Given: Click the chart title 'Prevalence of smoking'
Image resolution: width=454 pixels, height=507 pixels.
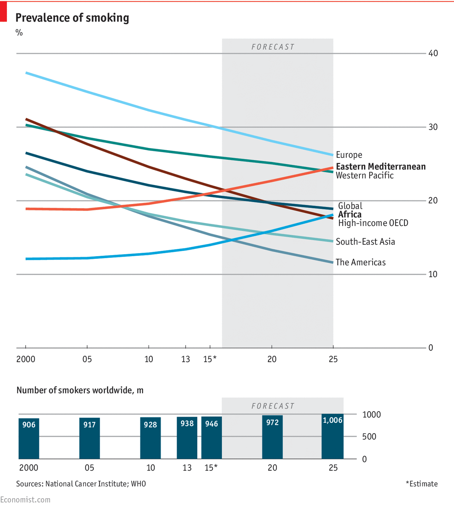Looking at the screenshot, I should [72, 18].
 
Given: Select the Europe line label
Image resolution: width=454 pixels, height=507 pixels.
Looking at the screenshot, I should [349, 155].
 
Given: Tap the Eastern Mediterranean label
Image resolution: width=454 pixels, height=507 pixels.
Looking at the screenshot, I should [380, 167].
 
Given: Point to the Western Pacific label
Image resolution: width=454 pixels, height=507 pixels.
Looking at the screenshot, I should [364, 175].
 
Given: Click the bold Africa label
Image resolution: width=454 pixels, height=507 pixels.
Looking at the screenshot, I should [349, 214].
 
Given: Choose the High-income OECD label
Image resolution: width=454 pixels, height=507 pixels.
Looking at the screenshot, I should [373, 223].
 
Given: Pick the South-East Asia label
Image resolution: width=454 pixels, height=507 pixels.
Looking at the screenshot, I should [365, 242].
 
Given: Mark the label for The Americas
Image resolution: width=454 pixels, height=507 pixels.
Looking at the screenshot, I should [361, 262].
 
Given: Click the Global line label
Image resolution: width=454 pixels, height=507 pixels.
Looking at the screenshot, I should [350, 206].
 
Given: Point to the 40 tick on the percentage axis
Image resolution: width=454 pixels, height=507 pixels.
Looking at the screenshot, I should [433, 53].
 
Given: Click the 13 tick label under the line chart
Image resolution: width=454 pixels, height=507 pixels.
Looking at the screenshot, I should [185, 359].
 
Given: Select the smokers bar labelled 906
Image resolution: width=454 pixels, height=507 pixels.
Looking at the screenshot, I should [29, 438].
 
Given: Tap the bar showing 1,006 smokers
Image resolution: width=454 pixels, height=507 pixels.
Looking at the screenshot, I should [332, 436].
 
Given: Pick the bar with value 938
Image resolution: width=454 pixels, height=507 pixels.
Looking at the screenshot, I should [187, 438].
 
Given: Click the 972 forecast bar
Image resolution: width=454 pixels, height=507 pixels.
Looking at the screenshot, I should [272, 437].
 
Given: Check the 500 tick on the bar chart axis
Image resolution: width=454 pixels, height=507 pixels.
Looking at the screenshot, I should [369, 436].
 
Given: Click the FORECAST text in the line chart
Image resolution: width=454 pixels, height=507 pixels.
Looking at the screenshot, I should [273, 47].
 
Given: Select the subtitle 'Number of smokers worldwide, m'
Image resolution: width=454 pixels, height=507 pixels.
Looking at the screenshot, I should [80, 390].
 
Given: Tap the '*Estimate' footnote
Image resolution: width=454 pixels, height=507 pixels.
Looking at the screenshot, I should [422, 484].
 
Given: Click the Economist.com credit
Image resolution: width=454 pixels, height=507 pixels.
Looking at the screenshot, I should [25, 500].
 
